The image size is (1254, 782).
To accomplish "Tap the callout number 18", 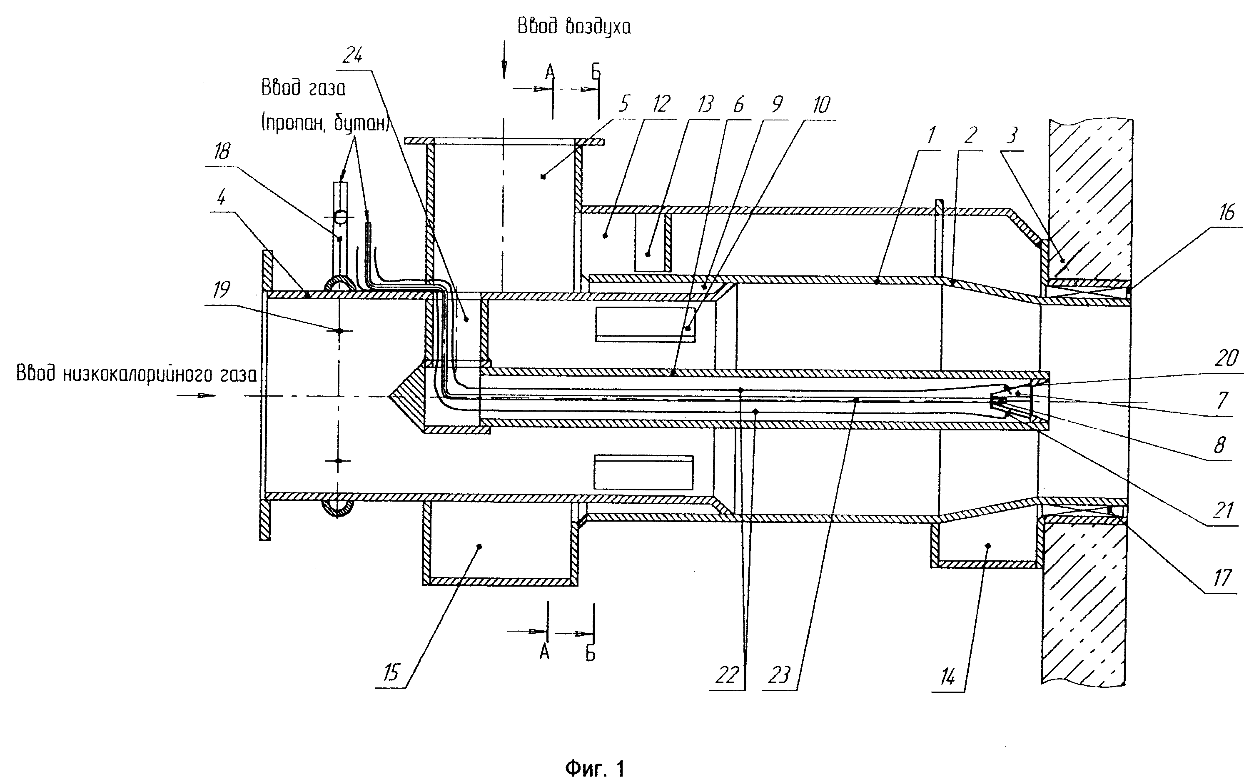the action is (x=221, y=152).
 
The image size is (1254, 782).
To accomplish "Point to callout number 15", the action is (x=391, y=673).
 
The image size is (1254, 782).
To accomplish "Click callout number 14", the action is (x=947, y=677).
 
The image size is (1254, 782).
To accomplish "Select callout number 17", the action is (x=1222, y=578).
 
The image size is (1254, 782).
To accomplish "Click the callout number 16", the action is (x=1227, y=212).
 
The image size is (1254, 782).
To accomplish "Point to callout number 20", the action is (x=1226, y=358).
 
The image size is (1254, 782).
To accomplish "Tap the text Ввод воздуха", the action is (x=574, y=26).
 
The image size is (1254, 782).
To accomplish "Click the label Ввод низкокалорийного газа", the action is (x=137, y=373).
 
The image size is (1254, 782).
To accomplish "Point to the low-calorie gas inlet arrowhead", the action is (x=208, y=396).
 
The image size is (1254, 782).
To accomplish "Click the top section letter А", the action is (x=550, y=73).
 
